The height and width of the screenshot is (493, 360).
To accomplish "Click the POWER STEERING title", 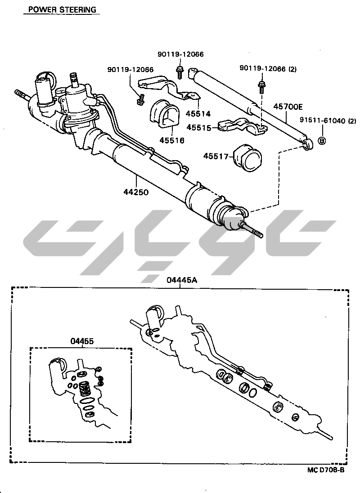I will click(62, 9).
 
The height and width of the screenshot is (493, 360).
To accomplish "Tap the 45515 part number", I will click(200, 127).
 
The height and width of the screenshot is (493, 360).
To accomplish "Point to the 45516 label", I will click(172, 140).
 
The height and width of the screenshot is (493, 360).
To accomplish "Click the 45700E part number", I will click(288, 107).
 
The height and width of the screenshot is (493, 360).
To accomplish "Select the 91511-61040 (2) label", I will click(328, 121).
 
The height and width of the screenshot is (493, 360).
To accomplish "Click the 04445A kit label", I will click(182, 279).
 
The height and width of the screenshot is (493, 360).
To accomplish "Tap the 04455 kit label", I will click(82, 341).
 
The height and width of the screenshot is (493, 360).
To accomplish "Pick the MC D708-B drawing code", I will click(326, 470).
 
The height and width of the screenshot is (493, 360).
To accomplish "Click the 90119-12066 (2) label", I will click(268, 68).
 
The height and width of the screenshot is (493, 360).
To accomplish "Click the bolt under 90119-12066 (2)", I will click(261, 87).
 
